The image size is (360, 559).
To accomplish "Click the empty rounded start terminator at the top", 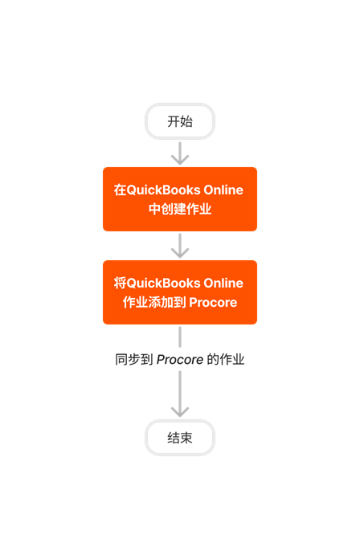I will [180, 121].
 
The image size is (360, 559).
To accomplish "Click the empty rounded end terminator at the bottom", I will [180, 438].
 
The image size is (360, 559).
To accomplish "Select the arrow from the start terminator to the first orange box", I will [180, 153].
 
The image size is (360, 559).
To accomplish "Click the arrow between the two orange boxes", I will [180, 245].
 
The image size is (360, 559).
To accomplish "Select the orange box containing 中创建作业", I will [180, 199].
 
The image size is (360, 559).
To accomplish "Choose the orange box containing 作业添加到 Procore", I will [180, 292].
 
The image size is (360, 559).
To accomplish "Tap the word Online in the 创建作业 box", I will [223, 190].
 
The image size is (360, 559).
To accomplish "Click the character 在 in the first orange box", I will [120, 190].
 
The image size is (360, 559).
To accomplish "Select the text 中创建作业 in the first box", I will [180, 210].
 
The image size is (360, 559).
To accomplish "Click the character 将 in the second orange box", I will [120, 284].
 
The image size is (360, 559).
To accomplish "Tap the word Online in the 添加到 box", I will [223, 284].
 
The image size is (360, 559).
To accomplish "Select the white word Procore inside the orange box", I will [212, 303].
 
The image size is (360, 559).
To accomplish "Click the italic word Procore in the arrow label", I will [179, 360].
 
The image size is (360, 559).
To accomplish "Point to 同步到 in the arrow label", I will [133, 360].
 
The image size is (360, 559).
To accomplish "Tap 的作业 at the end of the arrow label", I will [226, 360].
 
